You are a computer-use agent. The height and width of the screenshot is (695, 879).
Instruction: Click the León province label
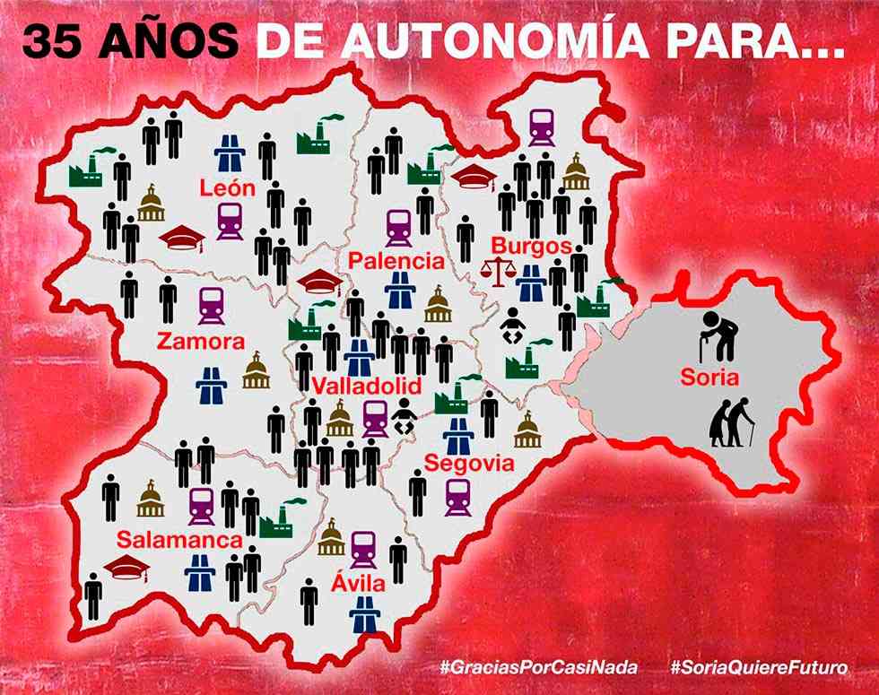tap(228, 188)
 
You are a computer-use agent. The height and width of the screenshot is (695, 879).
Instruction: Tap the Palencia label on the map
tap(396, 261)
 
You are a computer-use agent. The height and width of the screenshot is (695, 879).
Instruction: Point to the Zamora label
tap(200, 342)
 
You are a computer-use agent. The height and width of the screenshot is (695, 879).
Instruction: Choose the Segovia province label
tap(469, 464)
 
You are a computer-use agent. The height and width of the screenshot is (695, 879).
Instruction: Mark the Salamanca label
tap(179, 541)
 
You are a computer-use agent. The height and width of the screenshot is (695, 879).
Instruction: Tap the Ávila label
tap(360, 585)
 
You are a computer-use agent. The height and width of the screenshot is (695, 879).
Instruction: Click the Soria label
tap(709, 378)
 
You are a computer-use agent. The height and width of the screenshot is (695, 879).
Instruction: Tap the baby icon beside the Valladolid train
tap(403, 418)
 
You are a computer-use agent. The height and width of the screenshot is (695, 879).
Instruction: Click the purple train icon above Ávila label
tap(363, 549)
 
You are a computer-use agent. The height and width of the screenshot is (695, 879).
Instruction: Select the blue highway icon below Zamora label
tap(212, 385)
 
